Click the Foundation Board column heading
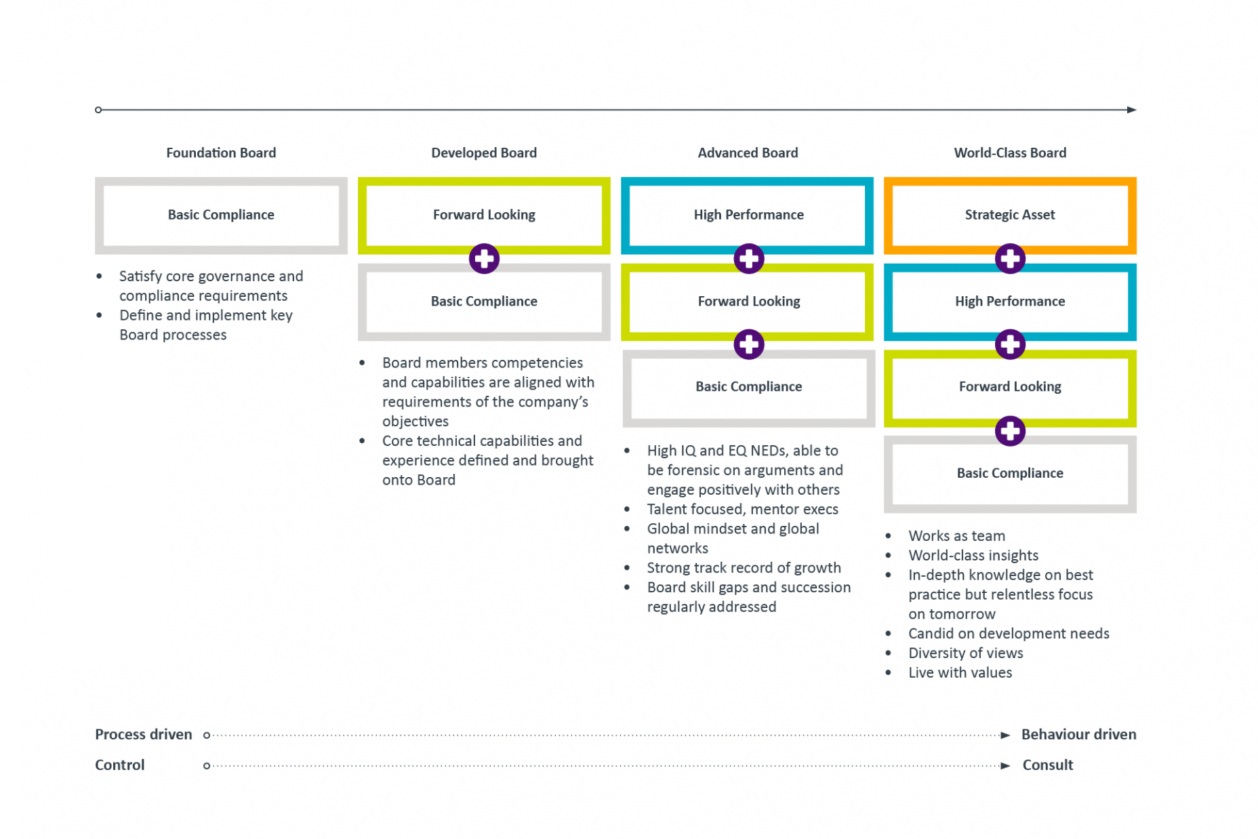221,153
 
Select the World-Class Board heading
1009,153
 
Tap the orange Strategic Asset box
1009,215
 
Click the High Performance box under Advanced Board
748,215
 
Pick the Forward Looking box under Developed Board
484,215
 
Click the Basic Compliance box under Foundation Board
221,215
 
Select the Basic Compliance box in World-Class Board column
1009,473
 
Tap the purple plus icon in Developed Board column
484,258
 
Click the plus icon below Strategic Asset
1009,258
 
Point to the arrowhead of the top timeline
1131,110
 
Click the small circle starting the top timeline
98,110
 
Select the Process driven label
143,735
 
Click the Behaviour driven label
1078,735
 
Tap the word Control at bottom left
119,765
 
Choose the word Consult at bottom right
1047,765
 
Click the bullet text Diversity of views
965,653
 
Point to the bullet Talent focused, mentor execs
742,510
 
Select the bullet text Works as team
956,536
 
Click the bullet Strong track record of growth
744,568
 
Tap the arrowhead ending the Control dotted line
1005,766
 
